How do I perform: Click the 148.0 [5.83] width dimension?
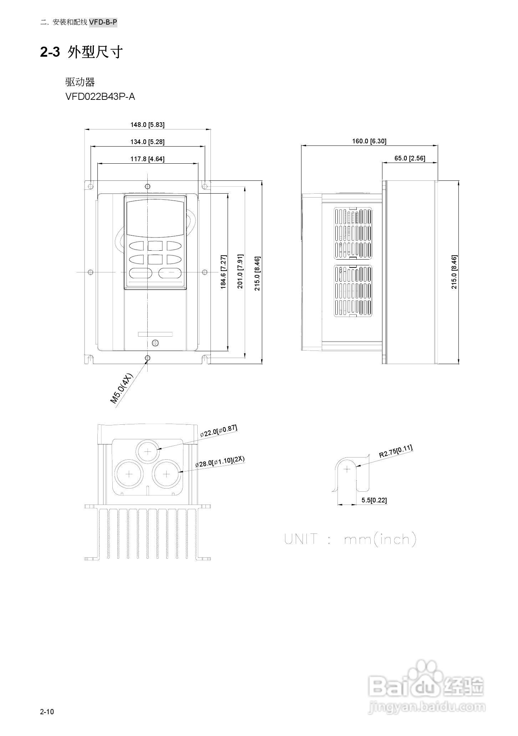point(147,125)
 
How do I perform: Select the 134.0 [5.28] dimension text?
point(147,142)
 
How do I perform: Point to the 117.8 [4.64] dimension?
point(147,159)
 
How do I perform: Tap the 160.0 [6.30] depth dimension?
point(369,141)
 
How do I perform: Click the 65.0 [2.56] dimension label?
point(410,158)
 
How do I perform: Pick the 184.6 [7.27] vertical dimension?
point(223,272)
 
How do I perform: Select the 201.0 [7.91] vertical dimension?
point(240,272)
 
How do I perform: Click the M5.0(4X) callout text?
point(121,388)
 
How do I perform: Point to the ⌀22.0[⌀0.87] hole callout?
point(218,431)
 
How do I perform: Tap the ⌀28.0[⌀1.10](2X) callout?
point(220,462)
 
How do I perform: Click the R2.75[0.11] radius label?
point(395,451)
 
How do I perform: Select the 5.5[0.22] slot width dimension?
point(374,500)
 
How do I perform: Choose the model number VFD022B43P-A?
point(100,97)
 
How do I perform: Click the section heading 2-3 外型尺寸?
point(81,52)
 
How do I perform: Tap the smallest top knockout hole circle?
point(148,451)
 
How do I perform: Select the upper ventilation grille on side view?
point(353,234)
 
